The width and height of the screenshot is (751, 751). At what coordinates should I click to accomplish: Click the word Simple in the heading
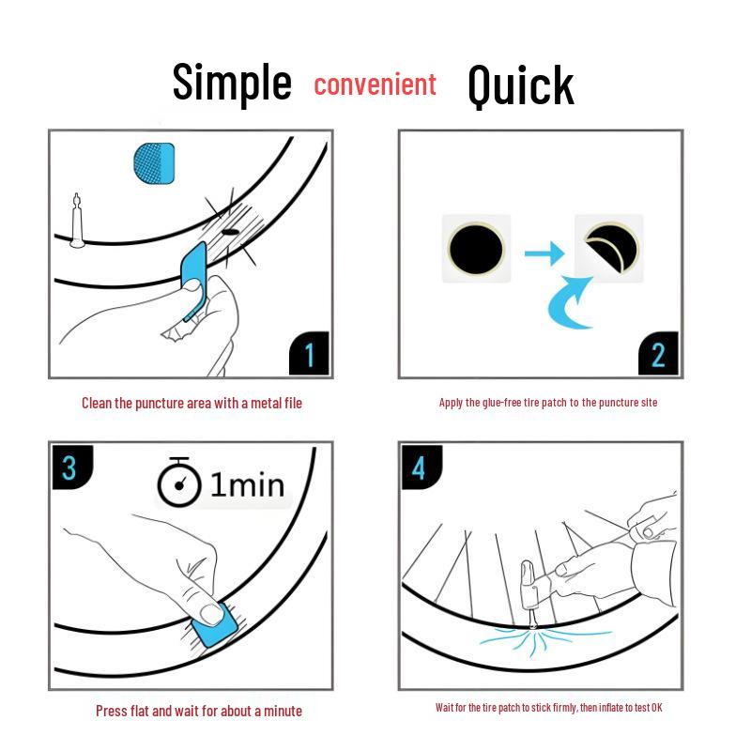[232, 83]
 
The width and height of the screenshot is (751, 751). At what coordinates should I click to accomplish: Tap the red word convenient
[375, 84]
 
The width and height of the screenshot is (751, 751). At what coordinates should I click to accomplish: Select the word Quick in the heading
[521, 85]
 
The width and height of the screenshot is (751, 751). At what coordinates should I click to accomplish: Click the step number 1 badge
[310, 354]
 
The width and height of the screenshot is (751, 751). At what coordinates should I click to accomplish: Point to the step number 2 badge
[659, 354]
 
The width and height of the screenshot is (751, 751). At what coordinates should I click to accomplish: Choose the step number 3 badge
[72, 467]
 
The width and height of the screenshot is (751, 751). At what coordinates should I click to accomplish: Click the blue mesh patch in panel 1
[154, 162]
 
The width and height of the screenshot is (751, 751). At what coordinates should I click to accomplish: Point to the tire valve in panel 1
[77, 222]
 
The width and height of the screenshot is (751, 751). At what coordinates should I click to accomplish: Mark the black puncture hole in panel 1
[230, 232]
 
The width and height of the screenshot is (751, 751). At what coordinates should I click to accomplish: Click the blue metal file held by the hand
[194, 280]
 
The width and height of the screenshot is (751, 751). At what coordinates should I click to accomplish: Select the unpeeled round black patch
[476, 249]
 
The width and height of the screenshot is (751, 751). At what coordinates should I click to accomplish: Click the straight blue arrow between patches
[544, 253]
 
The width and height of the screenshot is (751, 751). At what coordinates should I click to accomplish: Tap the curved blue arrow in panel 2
[570, 303]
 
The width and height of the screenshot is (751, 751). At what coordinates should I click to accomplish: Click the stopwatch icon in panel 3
[179, 483]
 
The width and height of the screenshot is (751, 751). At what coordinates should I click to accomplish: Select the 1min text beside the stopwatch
[247, 484]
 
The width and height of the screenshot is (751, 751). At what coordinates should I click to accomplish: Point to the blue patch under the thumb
[216, 625]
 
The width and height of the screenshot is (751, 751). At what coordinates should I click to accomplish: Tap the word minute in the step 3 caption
[283, 711]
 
